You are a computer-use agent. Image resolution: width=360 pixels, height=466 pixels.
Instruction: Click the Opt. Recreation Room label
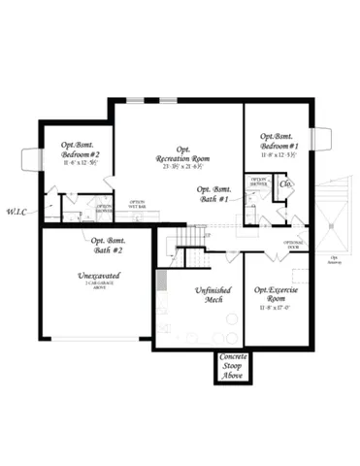(183, 154)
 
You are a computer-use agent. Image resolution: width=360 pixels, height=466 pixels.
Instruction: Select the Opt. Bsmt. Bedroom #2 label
(81, 150)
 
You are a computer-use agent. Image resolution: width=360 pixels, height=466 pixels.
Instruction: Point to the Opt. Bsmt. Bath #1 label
(213, 194)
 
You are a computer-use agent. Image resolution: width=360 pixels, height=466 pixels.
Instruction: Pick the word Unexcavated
(97, 276)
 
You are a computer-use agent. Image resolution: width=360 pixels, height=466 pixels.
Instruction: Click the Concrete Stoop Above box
(232, 367)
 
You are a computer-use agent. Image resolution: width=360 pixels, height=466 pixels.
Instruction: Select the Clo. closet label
(286, 183)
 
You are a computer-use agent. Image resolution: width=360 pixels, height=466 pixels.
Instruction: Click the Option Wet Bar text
(138, 205)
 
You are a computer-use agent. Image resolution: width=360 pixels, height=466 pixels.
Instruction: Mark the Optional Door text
(295, 244)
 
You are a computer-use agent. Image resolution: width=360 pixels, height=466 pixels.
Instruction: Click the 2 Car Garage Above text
(98, 285)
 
